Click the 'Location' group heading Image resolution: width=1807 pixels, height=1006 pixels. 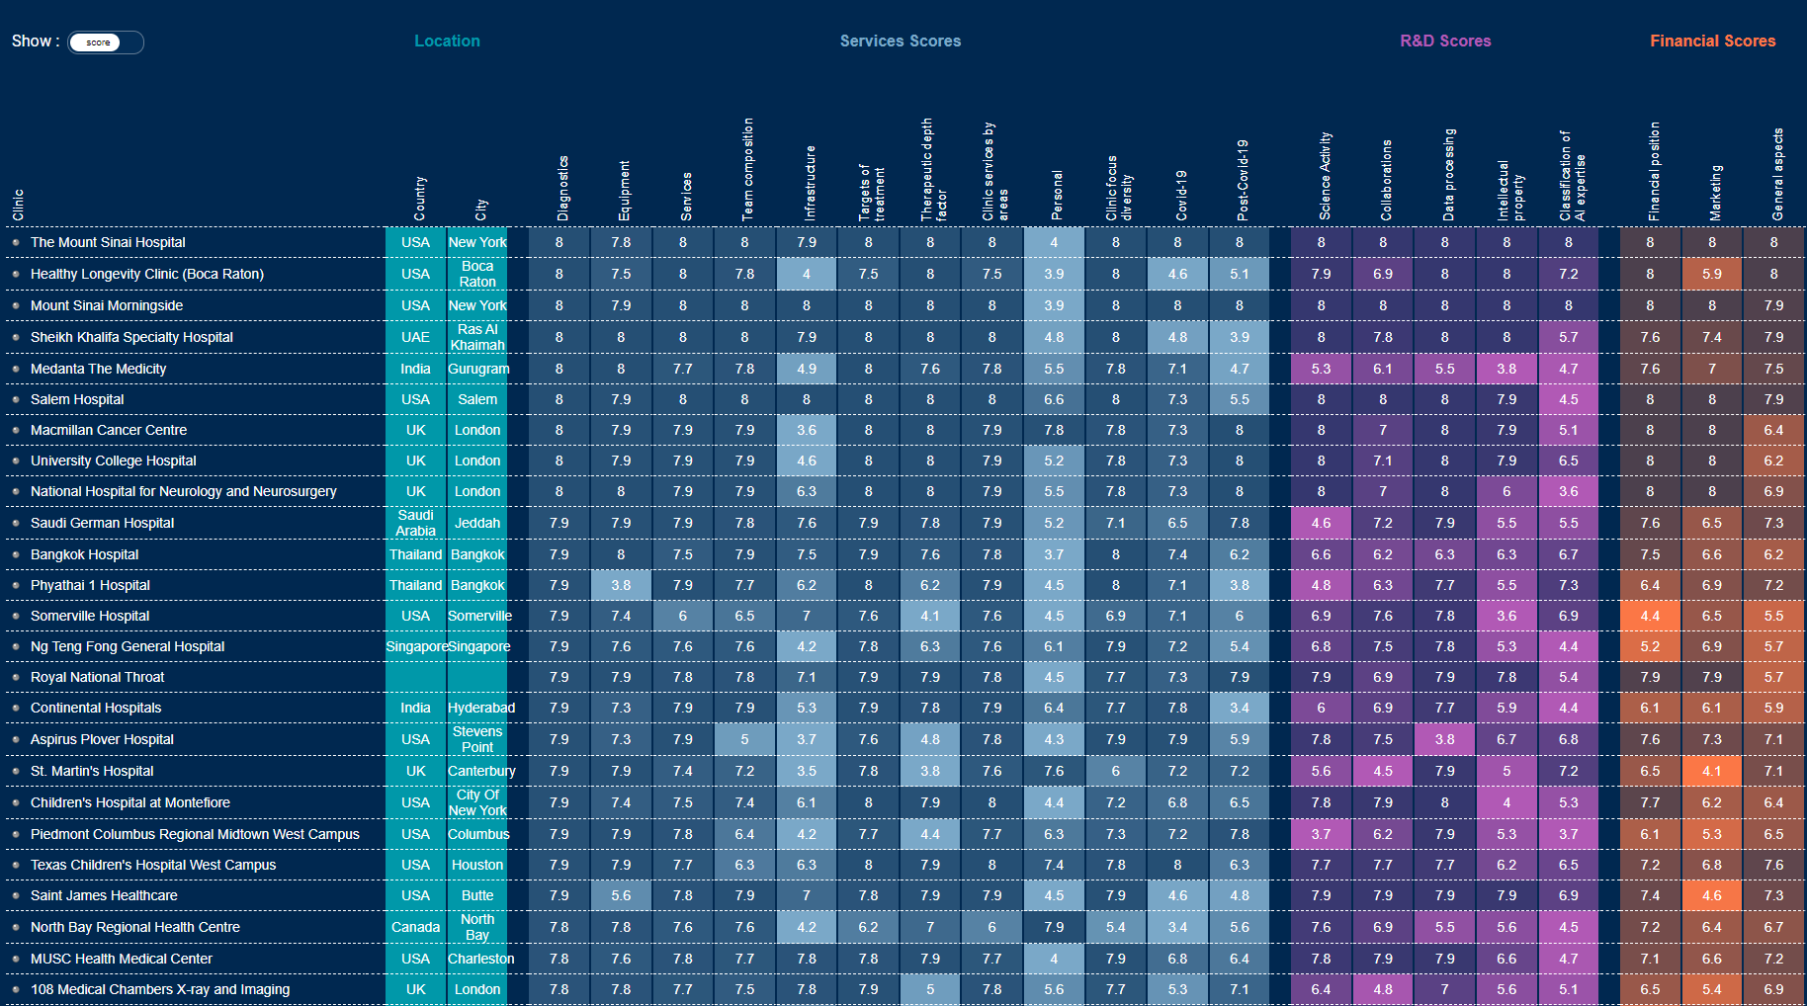(x=447, y=42)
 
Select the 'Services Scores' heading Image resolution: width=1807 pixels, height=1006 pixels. (x=900, y=42)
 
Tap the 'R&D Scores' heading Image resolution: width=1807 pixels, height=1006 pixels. (x=1445, y=42)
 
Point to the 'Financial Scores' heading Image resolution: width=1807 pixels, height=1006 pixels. (x=1712, y=42)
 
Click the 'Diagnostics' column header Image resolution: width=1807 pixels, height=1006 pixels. (x=562, y=188)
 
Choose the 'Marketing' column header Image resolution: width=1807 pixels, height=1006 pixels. (x=1715, y=192)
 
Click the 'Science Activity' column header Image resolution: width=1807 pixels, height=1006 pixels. (x=1325, y=176)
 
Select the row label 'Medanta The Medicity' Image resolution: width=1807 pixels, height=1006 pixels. (x=98, y=369)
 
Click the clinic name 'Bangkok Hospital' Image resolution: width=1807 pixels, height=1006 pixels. (x=84, y=554)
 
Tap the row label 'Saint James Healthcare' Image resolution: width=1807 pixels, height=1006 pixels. (x=104, y=895)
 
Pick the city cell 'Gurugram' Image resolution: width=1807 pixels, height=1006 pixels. (x=478, y=369)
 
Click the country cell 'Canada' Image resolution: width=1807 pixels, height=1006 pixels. (x=415, y=927)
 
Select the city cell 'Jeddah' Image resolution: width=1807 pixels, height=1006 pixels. (x=477, y=523)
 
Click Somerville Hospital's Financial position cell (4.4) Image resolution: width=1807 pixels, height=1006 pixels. (x=1650, y=616)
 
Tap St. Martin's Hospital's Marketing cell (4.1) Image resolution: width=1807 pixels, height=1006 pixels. (x=1712, y=771)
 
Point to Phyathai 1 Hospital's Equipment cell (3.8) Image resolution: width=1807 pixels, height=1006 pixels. (x=621, y=585)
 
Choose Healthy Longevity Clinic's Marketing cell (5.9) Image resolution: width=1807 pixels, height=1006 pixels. (x=1712, y=274)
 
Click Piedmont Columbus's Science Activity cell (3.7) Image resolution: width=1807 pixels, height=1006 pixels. (x=1321, y=834)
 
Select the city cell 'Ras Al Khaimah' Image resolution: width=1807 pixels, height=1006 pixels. (x=477, y=337)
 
